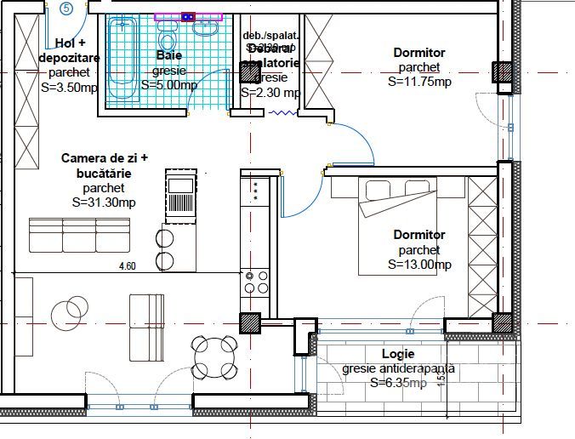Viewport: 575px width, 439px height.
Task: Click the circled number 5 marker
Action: (x=67, y=9)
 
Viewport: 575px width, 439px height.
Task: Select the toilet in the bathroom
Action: (x=168, y=38)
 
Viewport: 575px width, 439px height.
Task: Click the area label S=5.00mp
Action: (x=169, y=85)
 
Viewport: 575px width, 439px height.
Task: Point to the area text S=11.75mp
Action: (x=419, y=83)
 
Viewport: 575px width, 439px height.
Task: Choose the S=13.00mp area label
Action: (x=419, y=265)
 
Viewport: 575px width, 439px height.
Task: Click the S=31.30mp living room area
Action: (x=105, y=202)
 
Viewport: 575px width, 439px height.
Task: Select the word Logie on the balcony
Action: (x=399, y=354)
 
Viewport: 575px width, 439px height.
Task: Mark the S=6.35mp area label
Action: (x=399, y=384)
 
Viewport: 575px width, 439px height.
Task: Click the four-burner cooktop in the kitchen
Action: (x=255, y=282)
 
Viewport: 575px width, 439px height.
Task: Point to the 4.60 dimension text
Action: (x=127, y=266)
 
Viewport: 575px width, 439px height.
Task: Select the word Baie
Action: (x=169, y=55)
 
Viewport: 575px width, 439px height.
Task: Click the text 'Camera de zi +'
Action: (x=105, y=158)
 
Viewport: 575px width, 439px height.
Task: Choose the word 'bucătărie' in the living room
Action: (x=105, y=173)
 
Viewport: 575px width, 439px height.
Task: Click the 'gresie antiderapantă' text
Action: (x=399, y=369)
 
